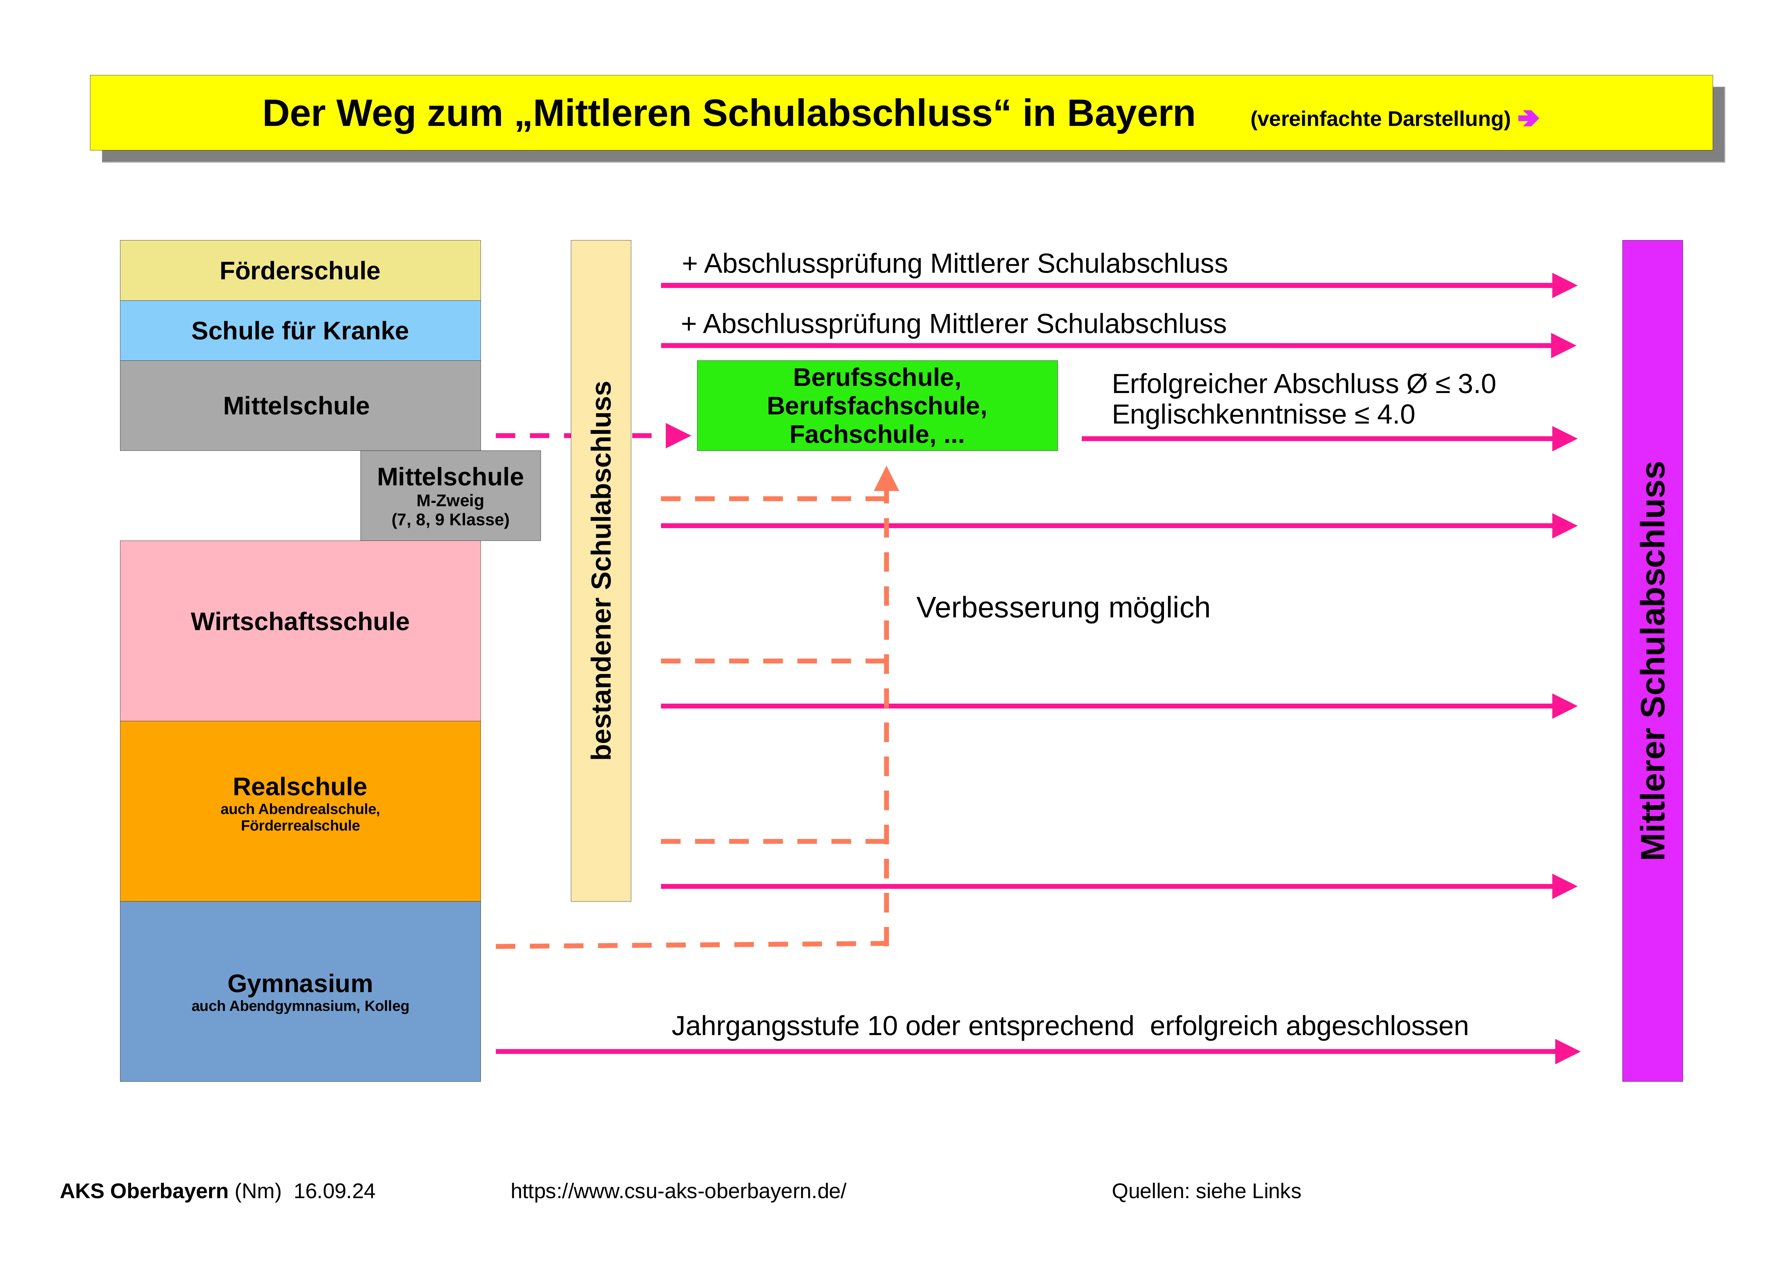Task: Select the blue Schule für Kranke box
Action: click(x=300, y=330)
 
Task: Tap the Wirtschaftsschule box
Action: click(x=300, y=631)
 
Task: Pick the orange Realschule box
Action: click(x=300, y=811)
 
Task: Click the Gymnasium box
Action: click(x=300, y=991)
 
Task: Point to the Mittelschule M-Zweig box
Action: click(x=450, y=495)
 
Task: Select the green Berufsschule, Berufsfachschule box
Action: click(x=877, y=405)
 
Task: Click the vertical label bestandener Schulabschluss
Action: click(x=601, y=570)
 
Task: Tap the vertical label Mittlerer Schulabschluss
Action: click(x=1653, y=661)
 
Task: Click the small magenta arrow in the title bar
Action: click(x=1529, y=118)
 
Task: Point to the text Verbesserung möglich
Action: click(x=1063, y=607)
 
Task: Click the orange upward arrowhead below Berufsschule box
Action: click(x=886, y=478)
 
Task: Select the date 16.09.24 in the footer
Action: click(x=334, y=1191)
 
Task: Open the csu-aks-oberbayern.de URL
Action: click(x=678, y=1191)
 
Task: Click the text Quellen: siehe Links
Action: click(x=1206, y=1191)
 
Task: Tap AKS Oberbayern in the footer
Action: click(x=144, y=1191)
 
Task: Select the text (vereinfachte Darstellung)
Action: click(x=1380, y=119)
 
